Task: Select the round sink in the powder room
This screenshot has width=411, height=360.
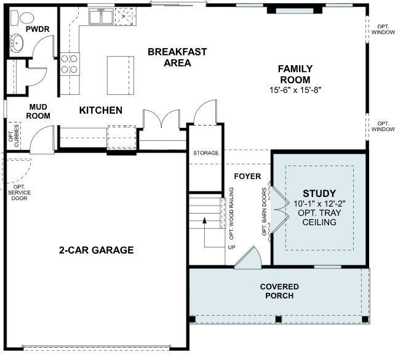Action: pyautogui.click(x=17, y=44)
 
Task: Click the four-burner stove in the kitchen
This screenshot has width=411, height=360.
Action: pyautogui.click(x=70, y=63)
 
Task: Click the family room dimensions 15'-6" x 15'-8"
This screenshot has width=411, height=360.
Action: pyautogui.click(x=295, y=90)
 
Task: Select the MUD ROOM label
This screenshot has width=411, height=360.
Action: pyautogui.click(x=39, y=111)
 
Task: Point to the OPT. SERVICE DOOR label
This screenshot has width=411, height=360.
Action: pyautogui.click(x=20, y=192)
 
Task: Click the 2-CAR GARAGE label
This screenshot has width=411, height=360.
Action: pyautogui.click(x=97, y=250)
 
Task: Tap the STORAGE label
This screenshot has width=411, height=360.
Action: pyautogui.click(x=205, y=153)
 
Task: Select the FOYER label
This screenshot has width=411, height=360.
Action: pyautogui.click(x=247, y=177)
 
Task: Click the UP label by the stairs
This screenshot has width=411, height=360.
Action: pyautogui.click(x=231, y=247)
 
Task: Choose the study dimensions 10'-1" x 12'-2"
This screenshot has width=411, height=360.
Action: pyautogui.click(x=319, y=204)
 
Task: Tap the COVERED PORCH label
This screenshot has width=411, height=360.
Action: pyautogui.click(x=279, y=291)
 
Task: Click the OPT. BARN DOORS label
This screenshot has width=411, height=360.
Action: pyautogui.click(x=265, y=211)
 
